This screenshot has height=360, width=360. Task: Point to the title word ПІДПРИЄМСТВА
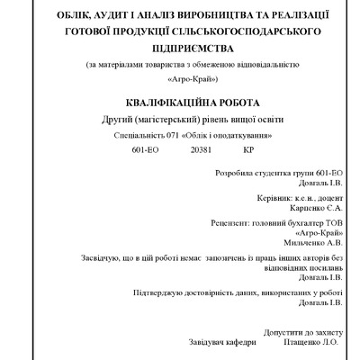click(179, 48)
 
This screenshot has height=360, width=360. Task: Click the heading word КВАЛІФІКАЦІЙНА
click(158, 103)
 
